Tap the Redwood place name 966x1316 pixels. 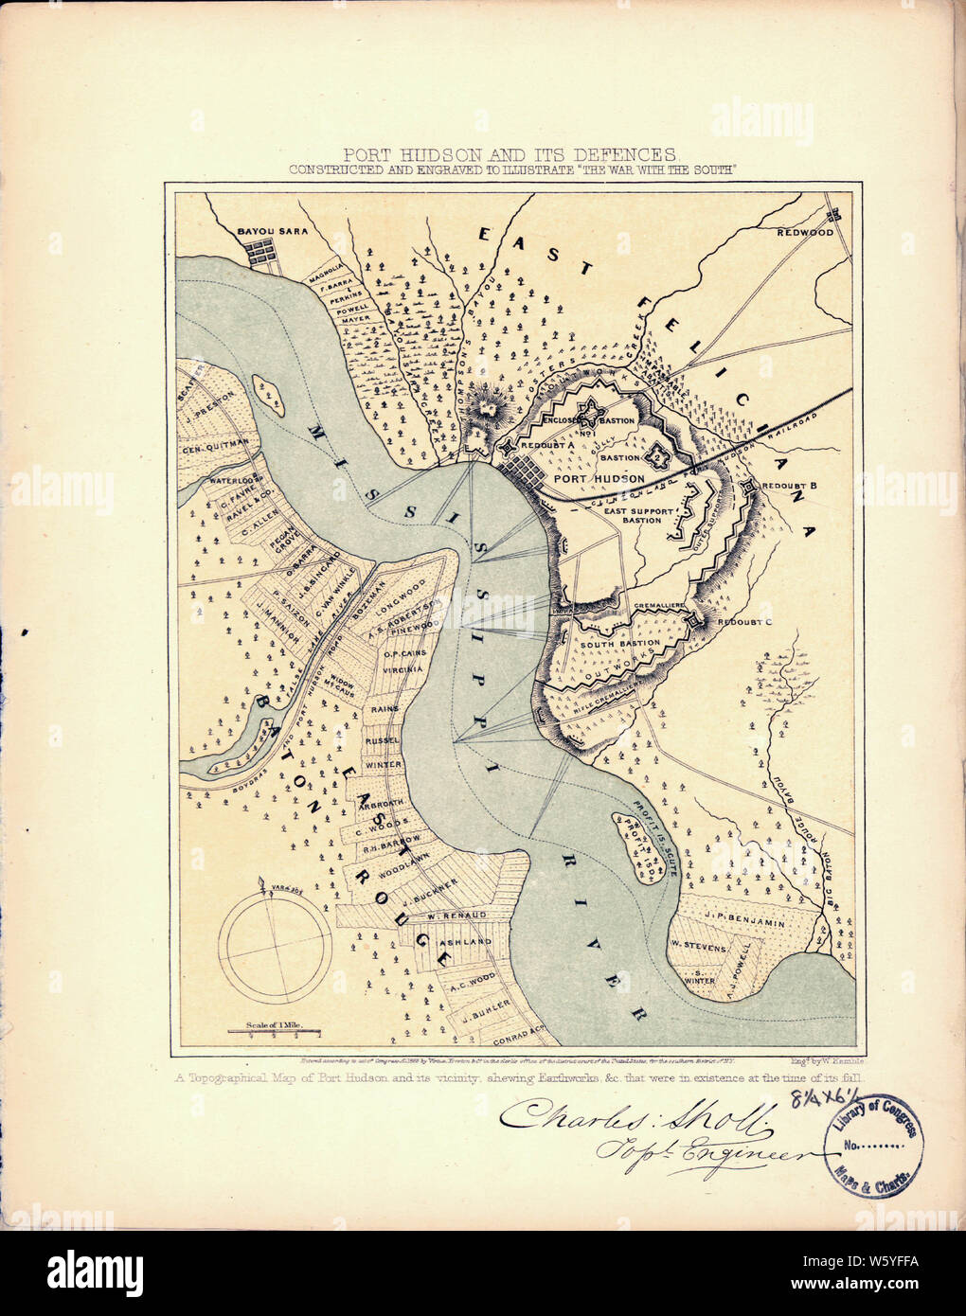point(805,232)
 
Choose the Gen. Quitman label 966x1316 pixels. point(215,441)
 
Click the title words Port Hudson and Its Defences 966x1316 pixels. point(510,153)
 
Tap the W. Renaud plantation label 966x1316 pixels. point(456,916)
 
